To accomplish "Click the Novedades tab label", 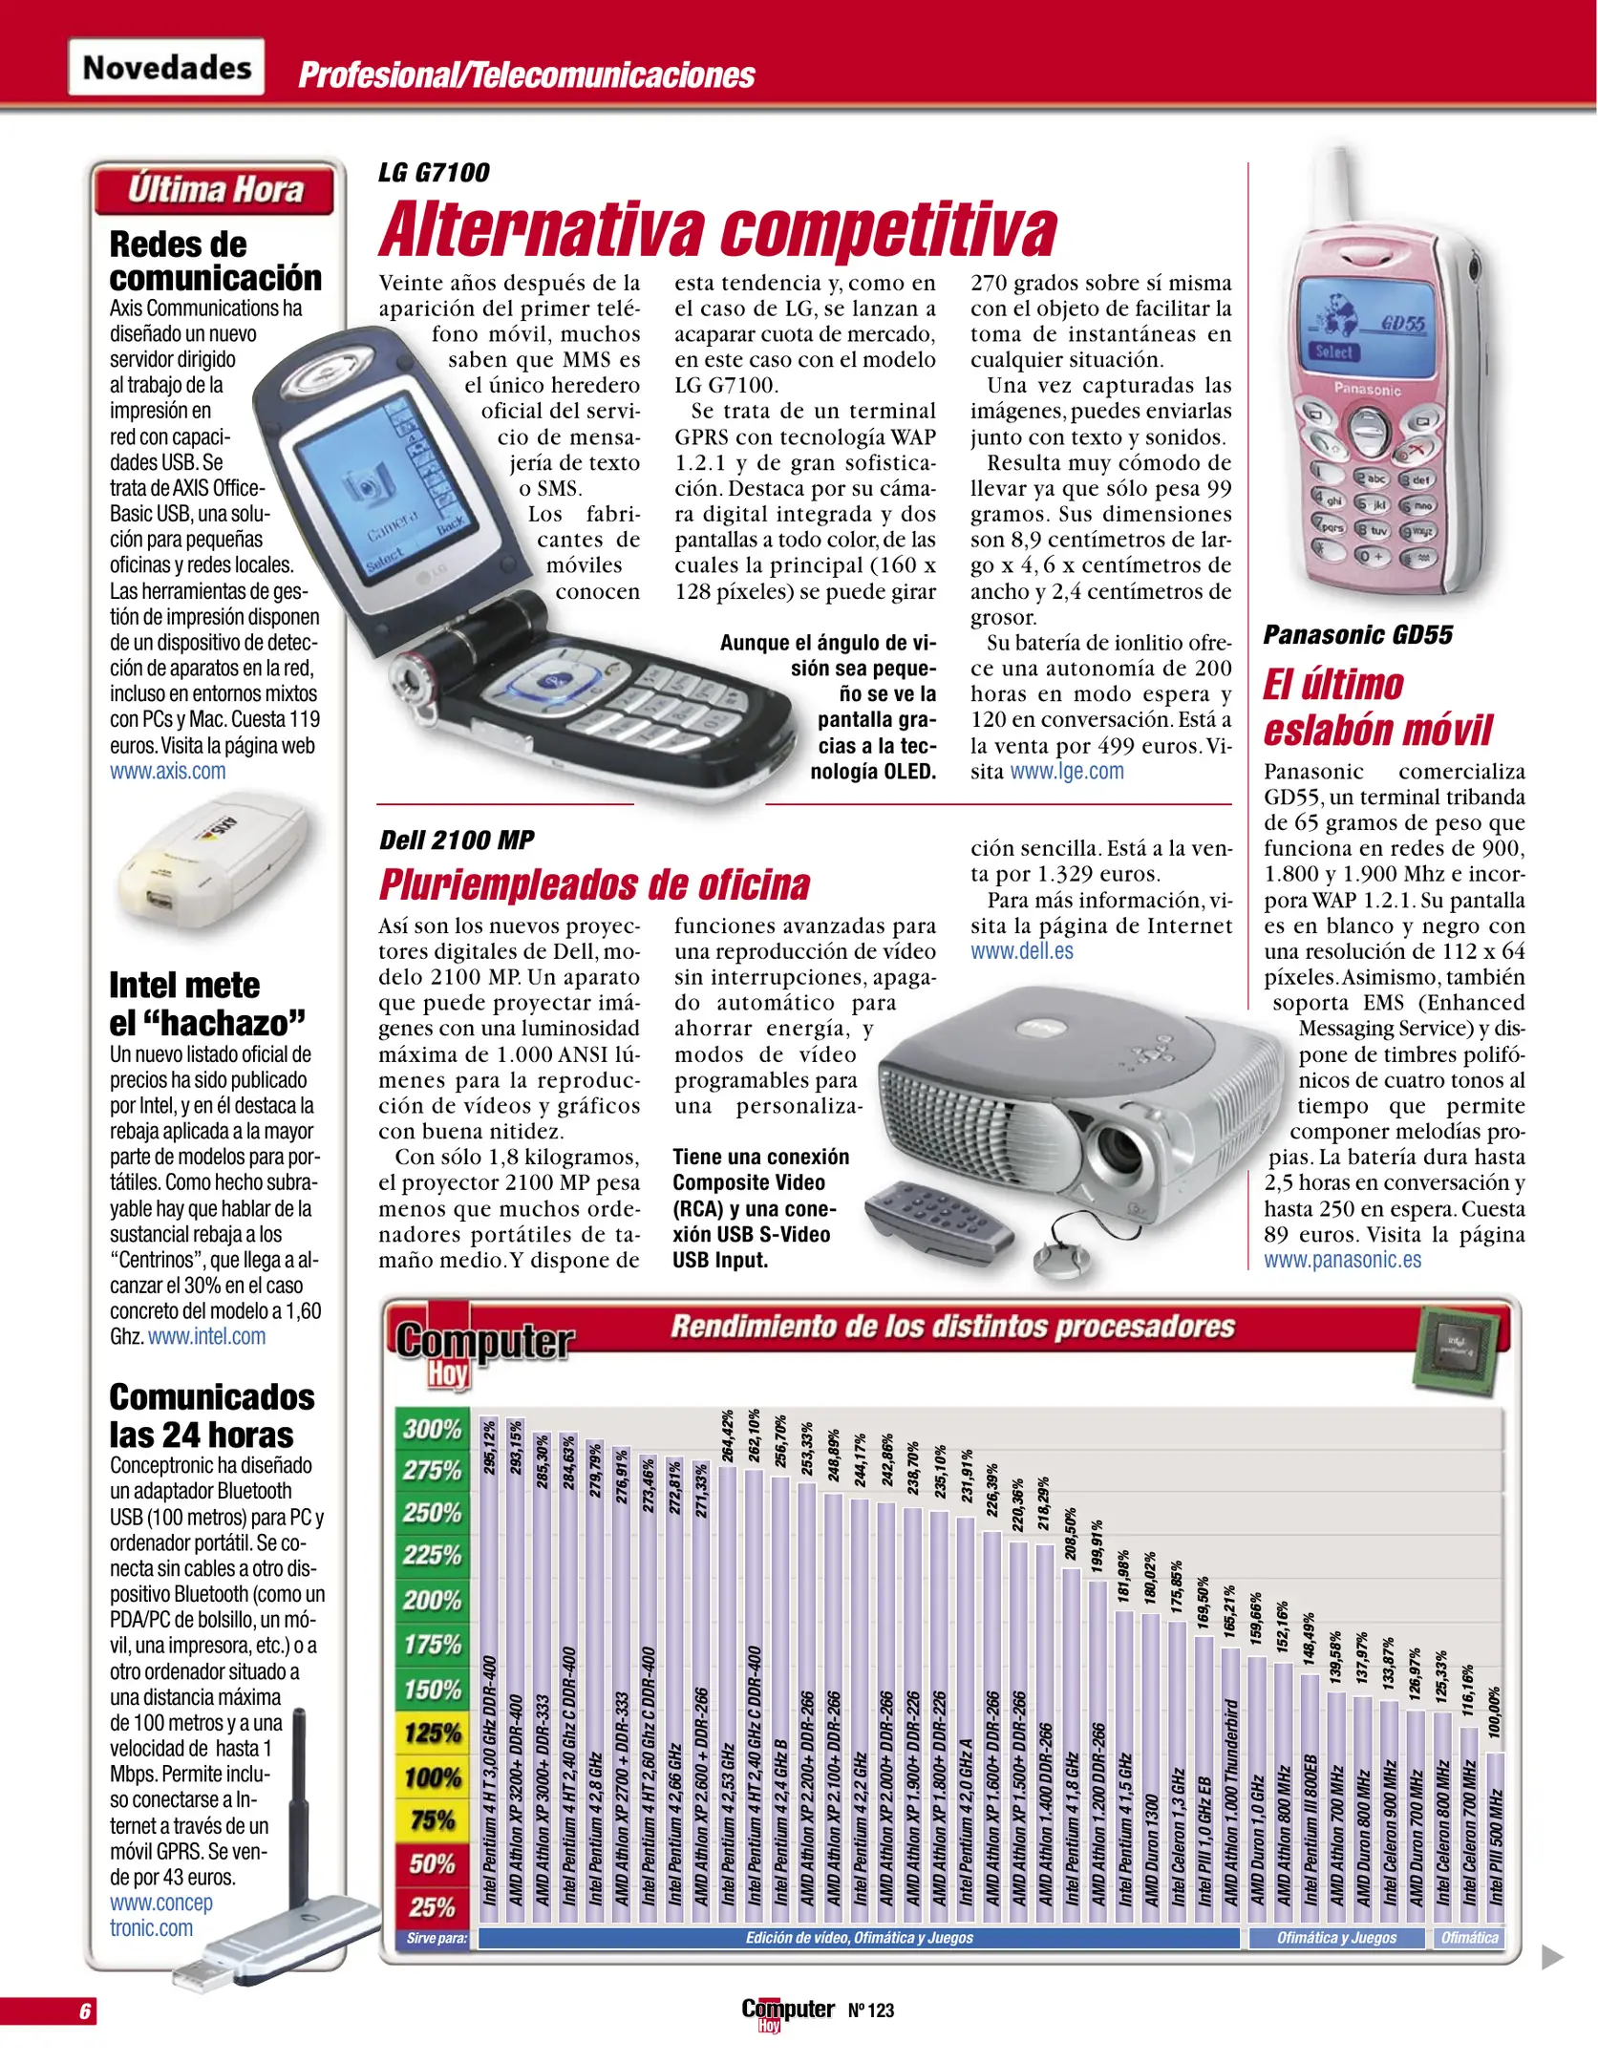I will [166, 68].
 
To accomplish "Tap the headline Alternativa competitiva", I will [717, 229].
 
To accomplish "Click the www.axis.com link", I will [168, 772].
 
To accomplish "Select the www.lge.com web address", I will [1067, 772].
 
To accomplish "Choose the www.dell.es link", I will [1022, 951].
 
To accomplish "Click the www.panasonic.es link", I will [1342, 1260].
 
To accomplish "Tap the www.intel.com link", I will [207, 1337].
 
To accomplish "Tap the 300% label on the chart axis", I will [433, 1430].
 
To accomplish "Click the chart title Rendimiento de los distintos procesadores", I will [952, 1327].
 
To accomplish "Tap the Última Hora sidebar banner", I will [215, 190].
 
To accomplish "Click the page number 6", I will [85, 2010].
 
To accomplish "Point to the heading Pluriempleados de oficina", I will [594, 884].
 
